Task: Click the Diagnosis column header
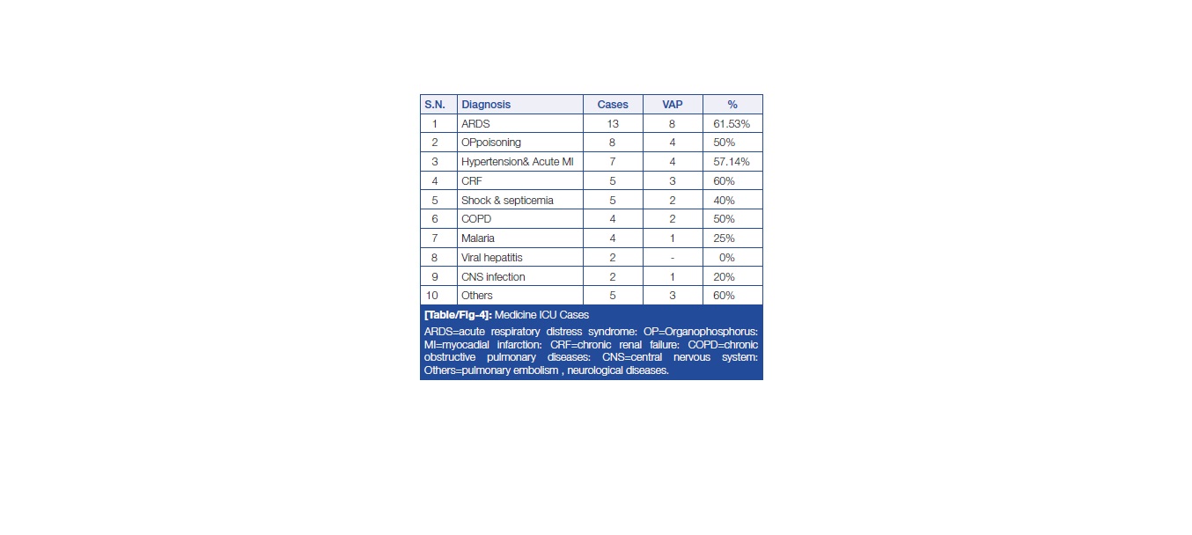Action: (x=486, y=105)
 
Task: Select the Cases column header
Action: (x=613, y=105)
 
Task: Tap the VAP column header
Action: (x=673, y=105)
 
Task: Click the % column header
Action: (x=732, y=105)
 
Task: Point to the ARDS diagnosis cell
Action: (x=475, y=124)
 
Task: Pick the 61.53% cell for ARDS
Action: (x=732, y=124)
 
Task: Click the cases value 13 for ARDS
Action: (x=613, y=124)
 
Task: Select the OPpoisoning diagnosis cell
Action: (x=491, y=143)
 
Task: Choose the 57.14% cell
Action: (x=732, y=162)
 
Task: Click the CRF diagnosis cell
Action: (x=472, y=181)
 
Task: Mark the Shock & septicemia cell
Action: (x=507, y=201)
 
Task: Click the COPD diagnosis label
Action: (x=475, y=219)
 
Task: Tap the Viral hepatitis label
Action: (x=491, y=258)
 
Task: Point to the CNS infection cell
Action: (x=493, y=277)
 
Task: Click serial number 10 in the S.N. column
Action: (x=435, y=296)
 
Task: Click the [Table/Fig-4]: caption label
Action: (x=456, y=315)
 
